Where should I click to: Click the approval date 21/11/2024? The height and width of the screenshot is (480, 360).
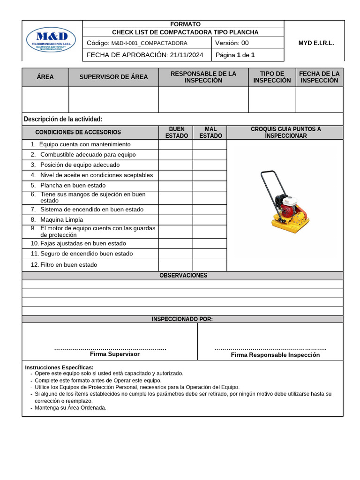187,55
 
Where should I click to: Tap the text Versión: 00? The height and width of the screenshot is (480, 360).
232,43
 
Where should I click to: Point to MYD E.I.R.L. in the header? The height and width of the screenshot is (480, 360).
316,43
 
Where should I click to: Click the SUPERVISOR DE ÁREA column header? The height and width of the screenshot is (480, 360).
113,77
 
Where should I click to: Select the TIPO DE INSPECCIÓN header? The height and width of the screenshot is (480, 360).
272,77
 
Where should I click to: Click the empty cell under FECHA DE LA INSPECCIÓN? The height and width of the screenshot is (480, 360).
319,99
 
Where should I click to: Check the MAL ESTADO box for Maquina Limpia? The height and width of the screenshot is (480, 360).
210,220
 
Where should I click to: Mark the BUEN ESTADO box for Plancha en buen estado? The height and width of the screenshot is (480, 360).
176,186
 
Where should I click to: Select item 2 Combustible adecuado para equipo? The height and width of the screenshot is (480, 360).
88,155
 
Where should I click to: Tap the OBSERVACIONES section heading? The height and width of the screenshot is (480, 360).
183,276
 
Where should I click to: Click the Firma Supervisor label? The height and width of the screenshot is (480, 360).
114,354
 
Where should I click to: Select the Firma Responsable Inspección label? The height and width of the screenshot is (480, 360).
275,355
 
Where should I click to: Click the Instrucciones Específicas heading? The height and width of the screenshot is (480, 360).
59,367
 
